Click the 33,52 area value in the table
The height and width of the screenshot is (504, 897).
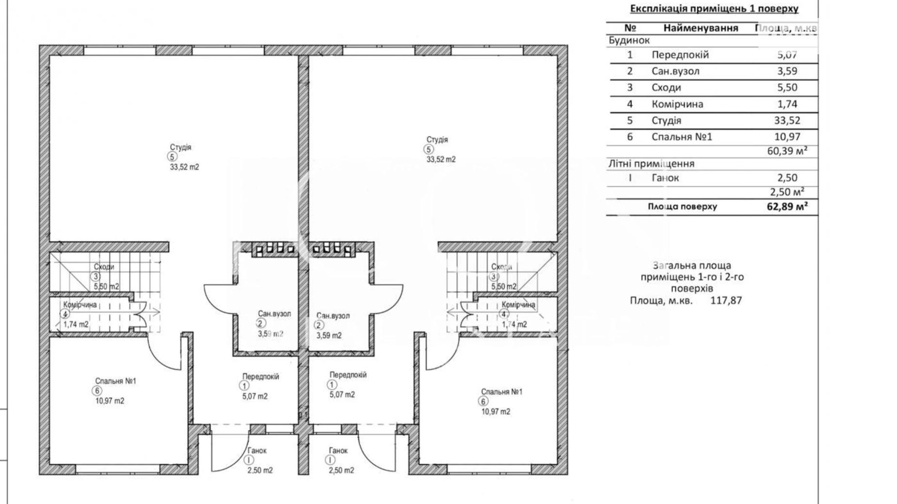pos(787,120)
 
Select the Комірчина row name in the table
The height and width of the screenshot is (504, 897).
pos(677,104)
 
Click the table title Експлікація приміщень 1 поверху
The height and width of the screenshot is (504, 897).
pos(714,8)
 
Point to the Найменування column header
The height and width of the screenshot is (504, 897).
pos(701,28)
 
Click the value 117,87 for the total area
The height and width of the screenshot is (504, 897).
pos(726,300)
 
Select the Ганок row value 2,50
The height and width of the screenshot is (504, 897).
pos(786,177)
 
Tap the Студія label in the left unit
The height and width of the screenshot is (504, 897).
pos(180,147)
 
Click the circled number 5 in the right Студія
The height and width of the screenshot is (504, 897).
pos(429,149)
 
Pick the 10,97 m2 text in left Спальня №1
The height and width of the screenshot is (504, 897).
pos(110,401)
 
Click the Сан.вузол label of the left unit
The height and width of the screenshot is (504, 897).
pos(274,314)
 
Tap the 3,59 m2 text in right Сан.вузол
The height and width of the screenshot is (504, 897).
pos(329,335)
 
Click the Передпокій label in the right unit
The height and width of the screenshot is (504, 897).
pos(348,375)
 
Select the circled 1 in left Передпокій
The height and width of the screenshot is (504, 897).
pos(244,386)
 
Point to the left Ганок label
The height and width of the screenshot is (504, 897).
pos(257,451)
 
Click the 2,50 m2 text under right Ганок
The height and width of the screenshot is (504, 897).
pos(341,470)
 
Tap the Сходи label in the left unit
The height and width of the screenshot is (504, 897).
pos(104,267)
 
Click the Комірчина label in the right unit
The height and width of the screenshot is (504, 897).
pos(518,304)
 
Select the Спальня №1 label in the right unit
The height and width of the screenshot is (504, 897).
pos(501,392)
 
